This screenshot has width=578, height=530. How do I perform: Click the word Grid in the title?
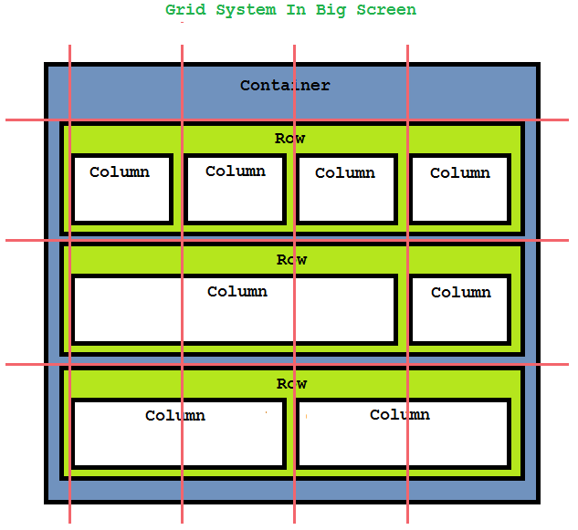184,10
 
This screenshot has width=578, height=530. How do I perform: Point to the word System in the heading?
245,10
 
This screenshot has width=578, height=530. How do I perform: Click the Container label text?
285,86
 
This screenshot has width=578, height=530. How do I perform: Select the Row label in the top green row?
290,139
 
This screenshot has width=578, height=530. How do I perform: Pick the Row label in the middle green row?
291,260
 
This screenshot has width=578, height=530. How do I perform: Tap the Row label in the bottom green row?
291,384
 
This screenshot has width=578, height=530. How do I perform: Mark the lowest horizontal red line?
27,364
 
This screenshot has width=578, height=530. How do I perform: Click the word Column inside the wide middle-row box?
237,292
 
